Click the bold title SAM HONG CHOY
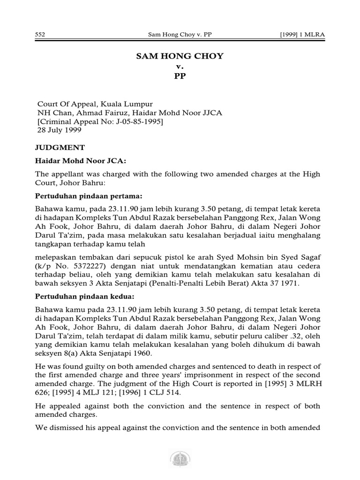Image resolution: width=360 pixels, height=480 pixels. [x=180, y=56]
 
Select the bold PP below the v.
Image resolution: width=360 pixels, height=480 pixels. [x=180, y=76]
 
